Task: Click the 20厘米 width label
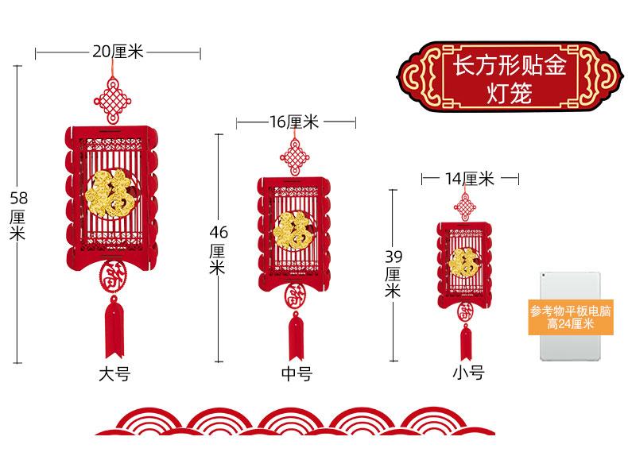click(117, 52)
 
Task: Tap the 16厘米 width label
click(294, 122)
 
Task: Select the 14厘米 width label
click(469, 179)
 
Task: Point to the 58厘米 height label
click(17, 214)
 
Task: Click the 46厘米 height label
click(218, 249)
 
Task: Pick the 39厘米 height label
click(393, 273)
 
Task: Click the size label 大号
click(113, 374)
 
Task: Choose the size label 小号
click(468, 372)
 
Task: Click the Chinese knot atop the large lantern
click(112, 100)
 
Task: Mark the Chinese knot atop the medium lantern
click(294, 153)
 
